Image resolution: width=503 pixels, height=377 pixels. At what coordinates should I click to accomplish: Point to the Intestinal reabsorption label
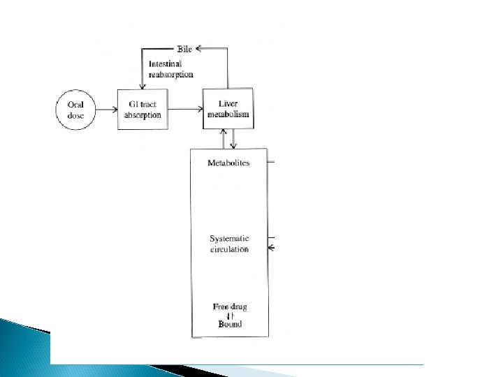(171, 68)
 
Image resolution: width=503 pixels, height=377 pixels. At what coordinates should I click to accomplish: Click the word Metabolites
(228, 163)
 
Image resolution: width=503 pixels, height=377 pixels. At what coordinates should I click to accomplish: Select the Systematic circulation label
(229, 244)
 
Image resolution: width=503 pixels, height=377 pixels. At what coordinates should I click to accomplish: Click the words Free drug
(229, 306)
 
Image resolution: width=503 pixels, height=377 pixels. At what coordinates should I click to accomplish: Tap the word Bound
(229, 324)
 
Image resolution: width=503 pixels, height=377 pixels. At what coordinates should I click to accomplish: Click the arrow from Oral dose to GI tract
(105, 110)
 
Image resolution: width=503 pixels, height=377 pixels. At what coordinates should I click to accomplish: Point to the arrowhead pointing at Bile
(198, 49)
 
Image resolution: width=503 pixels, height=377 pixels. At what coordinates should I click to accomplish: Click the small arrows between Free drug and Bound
(229, 315)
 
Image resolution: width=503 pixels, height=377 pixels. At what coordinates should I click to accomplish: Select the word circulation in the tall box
(229, 249)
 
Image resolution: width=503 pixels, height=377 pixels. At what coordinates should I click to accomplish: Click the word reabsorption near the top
(171, 73)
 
